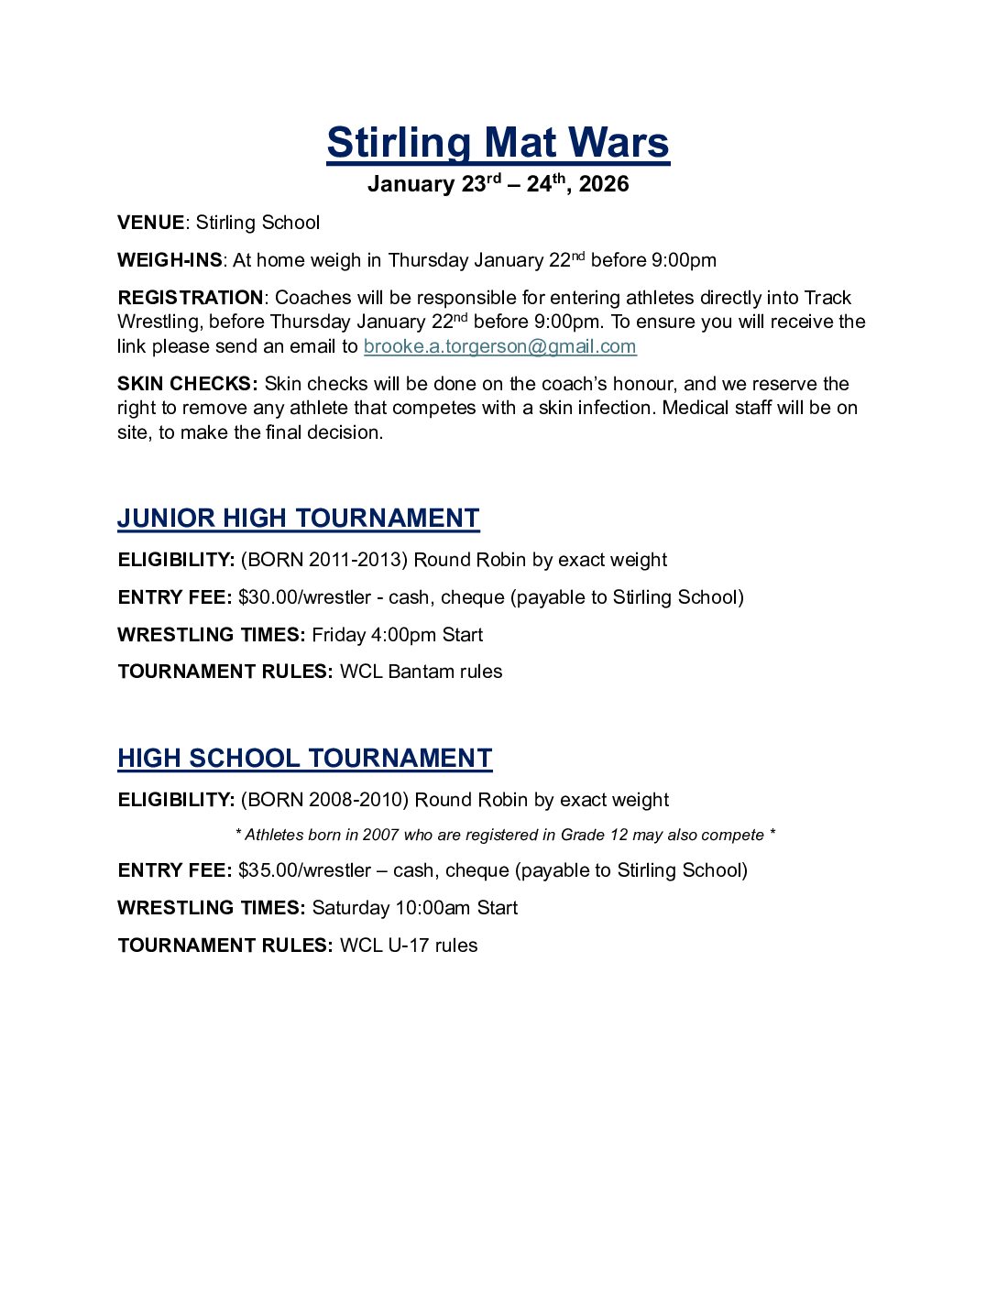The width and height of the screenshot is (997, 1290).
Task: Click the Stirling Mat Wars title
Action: click(498, 143)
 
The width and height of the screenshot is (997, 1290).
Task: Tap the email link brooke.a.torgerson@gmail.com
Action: click(499, 346)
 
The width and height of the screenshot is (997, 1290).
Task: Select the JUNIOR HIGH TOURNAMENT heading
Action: click(298, 518)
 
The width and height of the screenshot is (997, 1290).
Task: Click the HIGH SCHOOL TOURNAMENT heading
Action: click(304, 758)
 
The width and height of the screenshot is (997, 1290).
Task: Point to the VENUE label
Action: click(150, 223)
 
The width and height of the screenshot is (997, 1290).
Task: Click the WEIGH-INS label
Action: click(170, 260)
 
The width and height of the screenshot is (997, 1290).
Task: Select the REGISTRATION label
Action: click(191, 298)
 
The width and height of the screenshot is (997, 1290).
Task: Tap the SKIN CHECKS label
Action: click(187, 384)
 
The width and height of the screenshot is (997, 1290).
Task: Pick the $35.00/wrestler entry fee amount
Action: click(304, 870)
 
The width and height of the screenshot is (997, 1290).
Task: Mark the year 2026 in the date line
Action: click(604, 184)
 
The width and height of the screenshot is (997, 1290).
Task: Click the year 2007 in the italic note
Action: click(380, 835)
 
